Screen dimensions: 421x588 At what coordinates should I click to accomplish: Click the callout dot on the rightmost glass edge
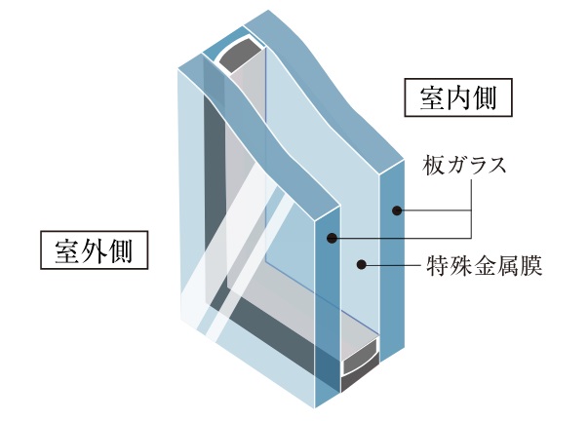point(398,210)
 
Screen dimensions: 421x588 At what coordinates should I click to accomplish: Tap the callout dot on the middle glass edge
point(332,238)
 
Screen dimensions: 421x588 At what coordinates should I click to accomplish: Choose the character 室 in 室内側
point(428,97)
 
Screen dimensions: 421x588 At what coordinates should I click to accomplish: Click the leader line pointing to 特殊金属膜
point(390,262)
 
